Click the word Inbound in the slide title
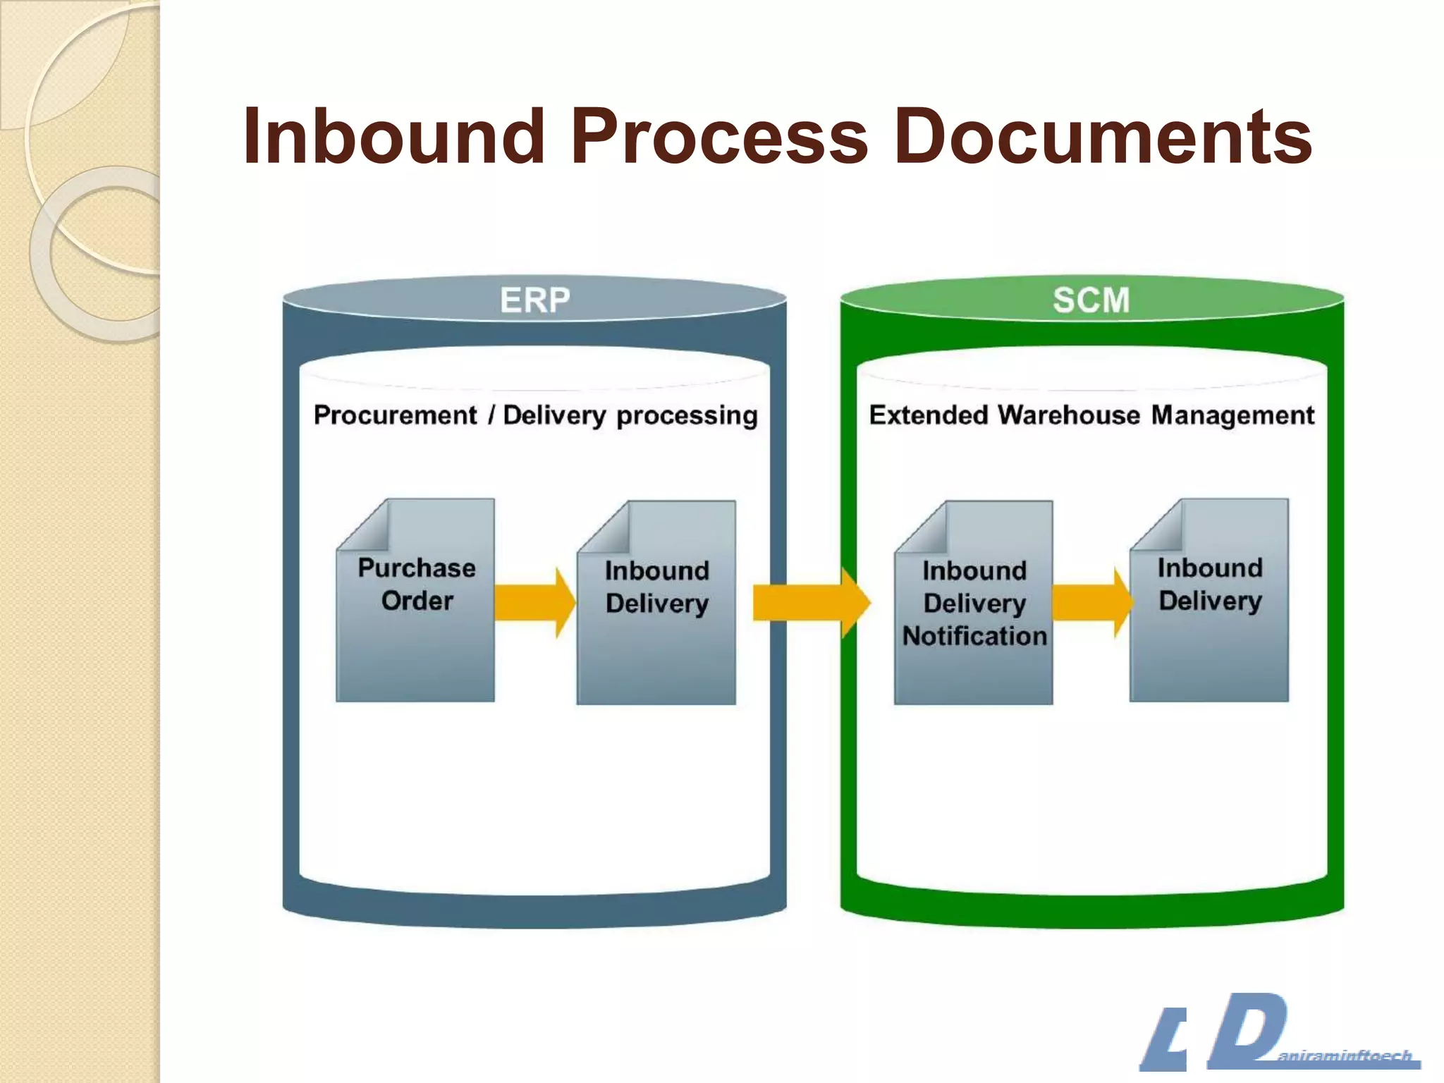[393, 136]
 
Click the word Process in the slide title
[719, 136]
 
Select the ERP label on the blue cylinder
[534, 300]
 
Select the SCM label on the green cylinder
[1091, 300]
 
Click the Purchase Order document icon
[416, 620]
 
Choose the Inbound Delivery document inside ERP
[656, 635]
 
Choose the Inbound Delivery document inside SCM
[1209, 635]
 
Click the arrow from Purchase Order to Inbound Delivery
[534, 603]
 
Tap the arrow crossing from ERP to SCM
[811, 603]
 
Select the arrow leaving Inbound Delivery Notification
[1091, 603]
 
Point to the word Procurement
[395, 415]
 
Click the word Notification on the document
[974, 636]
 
